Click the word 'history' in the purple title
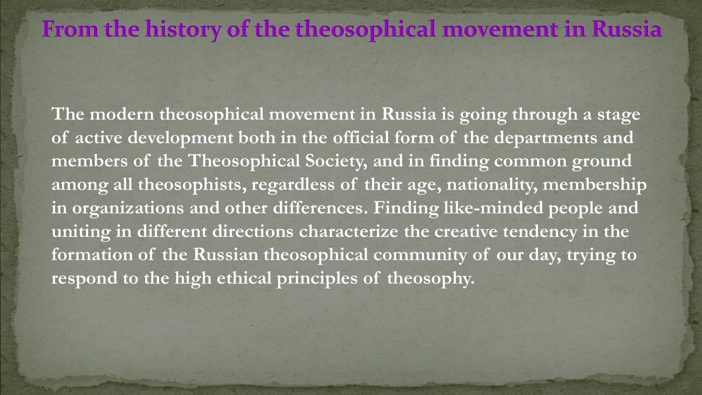(x=183, y=29)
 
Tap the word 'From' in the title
(x=70, y=29)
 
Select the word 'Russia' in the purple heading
(x=627, y=29)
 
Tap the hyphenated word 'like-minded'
(x=494, y=208)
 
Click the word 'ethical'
(x=244, y=278)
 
